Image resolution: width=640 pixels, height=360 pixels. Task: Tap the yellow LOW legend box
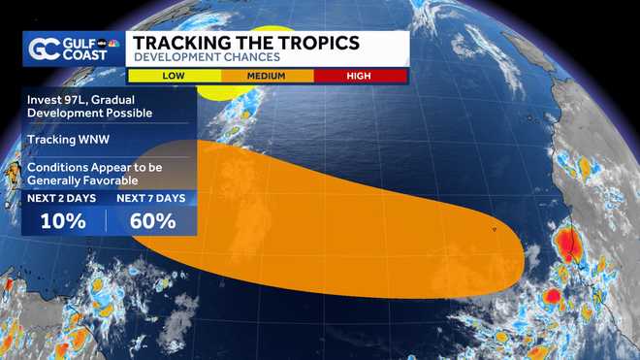pyautogui.click(x=174, y=74)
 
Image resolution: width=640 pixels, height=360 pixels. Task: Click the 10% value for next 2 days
pyautogui.click(x=62, y=220)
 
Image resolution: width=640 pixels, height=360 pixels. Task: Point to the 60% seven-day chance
pyautogui.click(x=152, y=220)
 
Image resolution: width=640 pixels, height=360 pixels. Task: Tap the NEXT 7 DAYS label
pyautogui.click(x=152, y=199)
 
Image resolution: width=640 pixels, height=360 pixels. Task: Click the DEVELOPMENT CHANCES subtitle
pyautogui.click(x=207, y=58)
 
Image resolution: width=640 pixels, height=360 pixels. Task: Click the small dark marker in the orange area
pyautogui.click(x=495, y=230)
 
